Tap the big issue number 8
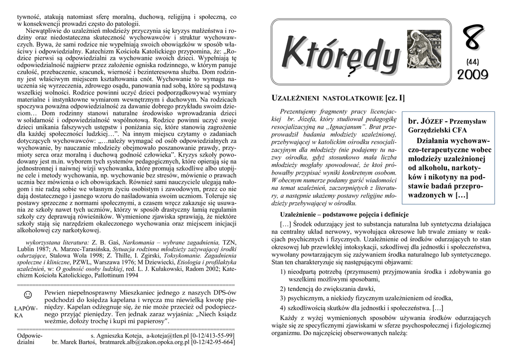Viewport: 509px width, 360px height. (x=473, y=40)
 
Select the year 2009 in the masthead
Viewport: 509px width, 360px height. (x=473, y=75)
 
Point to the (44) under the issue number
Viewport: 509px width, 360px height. (x=473, y=62)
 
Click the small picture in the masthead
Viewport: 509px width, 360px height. (x=424, y=49)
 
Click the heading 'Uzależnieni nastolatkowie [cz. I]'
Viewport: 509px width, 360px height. (x=339, y=98)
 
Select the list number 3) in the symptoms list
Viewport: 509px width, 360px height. (x=283, y=298)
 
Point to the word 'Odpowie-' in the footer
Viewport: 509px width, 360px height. (x=30, y=336)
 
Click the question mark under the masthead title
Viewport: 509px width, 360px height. (x=351, y=73)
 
